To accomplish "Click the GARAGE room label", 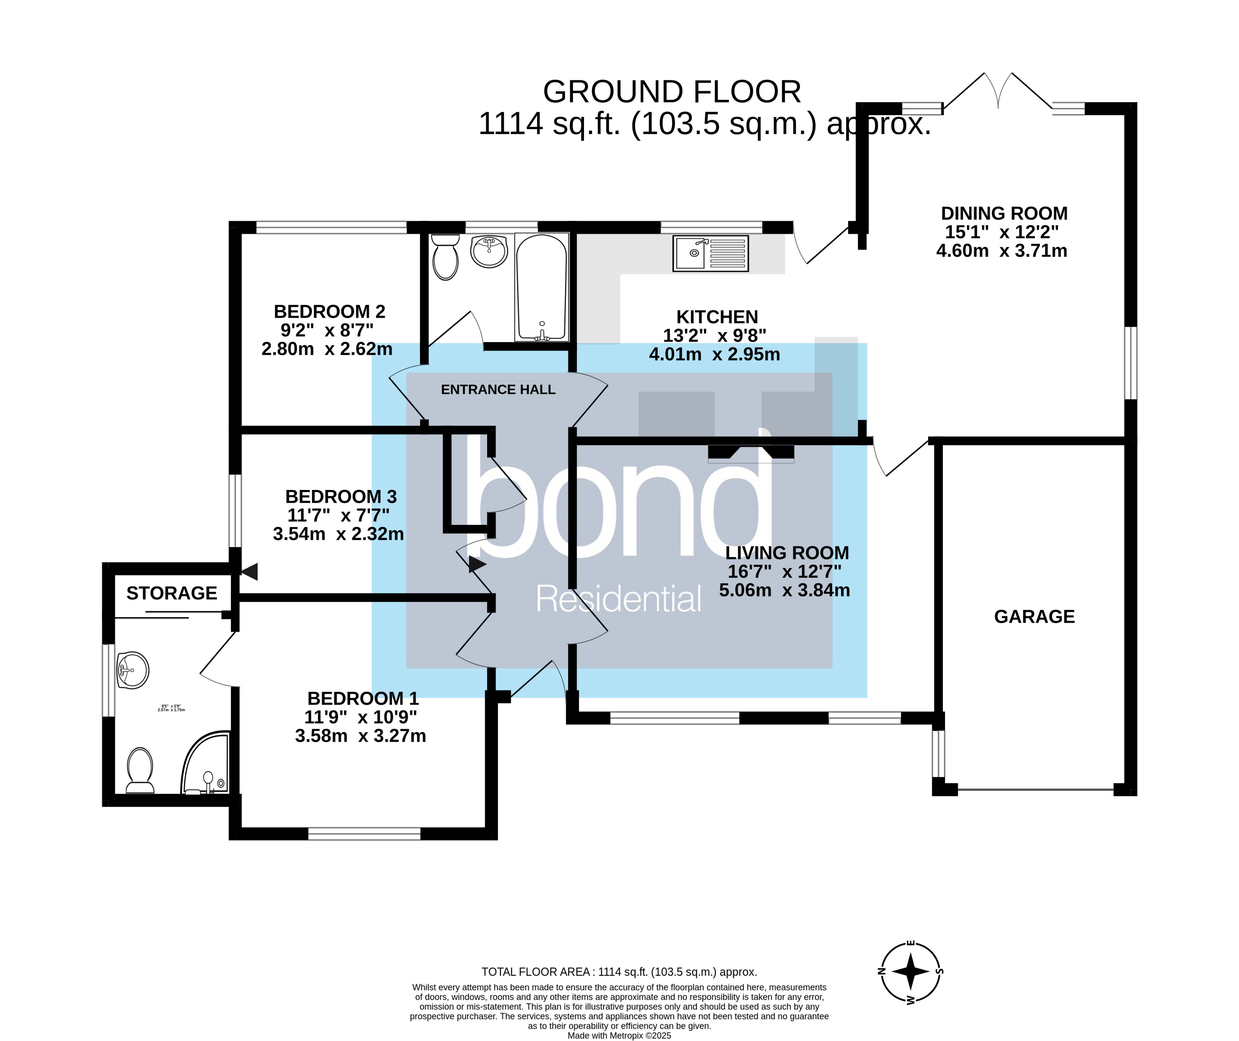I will pos(1034,617).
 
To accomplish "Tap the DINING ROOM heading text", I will pos(1004,213).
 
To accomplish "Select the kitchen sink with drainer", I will pos(710,254).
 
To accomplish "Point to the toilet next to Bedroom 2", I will pos(445,257).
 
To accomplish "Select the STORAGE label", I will pos(172,593).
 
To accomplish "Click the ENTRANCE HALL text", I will pos(498,389).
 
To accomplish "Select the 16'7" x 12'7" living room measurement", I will pos(784,571).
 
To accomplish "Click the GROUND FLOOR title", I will pos(672,92).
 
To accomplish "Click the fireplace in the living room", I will pos(751,452).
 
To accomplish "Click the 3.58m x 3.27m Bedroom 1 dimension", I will pos(360,736).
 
